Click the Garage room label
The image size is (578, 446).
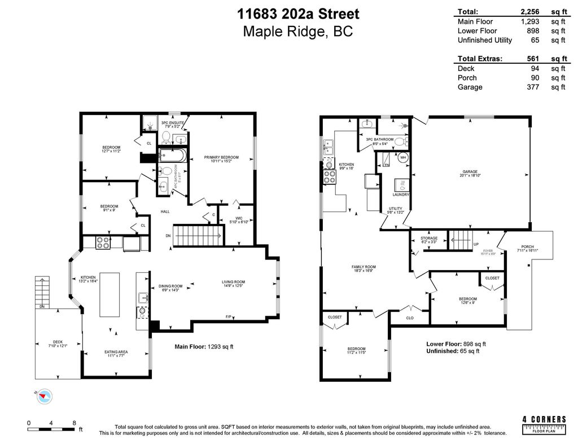click(x=471, y=173)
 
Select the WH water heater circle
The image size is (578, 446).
click(x=403, y=158)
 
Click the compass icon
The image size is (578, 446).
click(x=43, y=396)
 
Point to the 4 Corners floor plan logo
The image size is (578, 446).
click(x=544, y=425)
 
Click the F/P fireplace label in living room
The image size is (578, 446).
click(x=229, y=316)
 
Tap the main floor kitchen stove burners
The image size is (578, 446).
click(x=103, y=243)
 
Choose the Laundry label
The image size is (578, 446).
click(x=401, y=195)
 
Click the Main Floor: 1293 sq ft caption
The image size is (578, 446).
click(x=204, y=347)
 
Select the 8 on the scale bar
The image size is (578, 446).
click(x=74, y=422)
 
